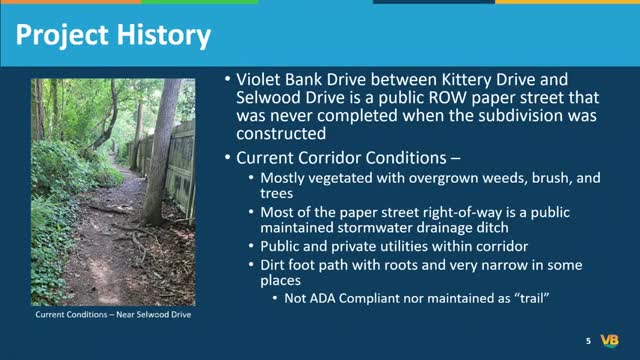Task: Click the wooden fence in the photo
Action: pos(180,160)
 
